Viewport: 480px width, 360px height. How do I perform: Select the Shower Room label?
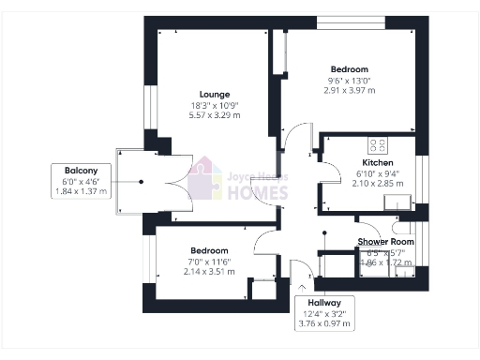pyautogui.click(x=384, y=242)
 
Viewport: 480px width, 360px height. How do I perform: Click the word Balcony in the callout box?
pyautogui.click(x=82, y=170)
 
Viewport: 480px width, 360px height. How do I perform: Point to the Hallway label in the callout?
pyautogui.click(x=323, y=303)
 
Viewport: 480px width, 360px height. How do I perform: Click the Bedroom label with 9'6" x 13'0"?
pyautogui.click(x=349, y=69)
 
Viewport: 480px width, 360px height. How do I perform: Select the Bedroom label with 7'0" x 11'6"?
pyautogui.click(x=209, y=250)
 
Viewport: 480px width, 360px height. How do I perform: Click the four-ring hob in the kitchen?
pyautogui.click(x=380, y=145)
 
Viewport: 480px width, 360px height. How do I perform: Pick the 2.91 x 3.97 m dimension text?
pyautogui.click(x=349, y=91)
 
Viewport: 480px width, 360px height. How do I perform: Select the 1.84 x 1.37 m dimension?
pyautogui.click(x=82, y=191)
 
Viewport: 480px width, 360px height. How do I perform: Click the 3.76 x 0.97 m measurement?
pyautogui.click(x=323, y=324)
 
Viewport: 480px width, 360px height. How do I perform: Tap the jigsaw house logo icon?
pyautogui.click(x=204, y=180)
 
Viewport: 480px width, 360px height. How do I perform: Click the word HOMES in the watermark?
pyautogui.click(x=260, y=193)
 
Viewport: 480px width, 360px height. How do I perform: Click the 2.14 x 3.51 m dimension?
pyautogui.click(x=209, y=272)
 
